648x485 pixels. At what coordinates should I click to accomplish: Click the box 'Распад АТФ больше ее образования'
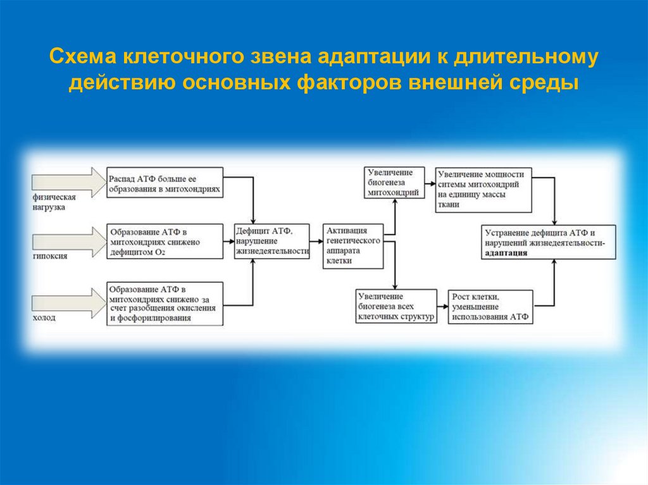tap(165, 183)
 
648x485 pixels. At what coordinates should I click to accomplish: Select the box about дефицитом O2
tap(165, 241)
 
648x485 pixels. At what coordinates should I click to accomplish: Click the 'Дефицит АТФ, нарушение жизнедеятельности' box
tap(272, 241)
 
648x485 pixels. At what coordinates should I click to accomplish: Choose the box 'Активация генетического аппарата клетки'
tap(352, 247)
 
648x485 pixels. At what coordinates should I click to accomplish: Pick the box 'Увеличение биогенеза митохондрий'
tap(393, 183)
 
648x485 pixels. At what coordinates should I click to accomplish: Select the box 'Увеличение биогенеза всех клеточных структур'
tap(396, 307)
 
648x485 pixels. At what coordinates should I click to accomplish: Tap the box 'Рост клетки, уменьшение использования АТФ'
tap(490, 307)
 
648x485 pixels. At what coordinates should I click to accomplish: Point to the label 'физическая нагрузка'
tap(50, 202)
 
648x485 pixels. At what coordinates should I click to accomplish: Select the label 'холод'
tap(44, 318)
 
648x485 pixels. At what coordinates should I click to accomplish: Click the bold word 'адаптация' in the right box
tap(506, 252)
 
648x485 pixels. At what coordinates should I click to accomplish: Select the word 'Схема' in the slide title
tap(83, 58)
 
